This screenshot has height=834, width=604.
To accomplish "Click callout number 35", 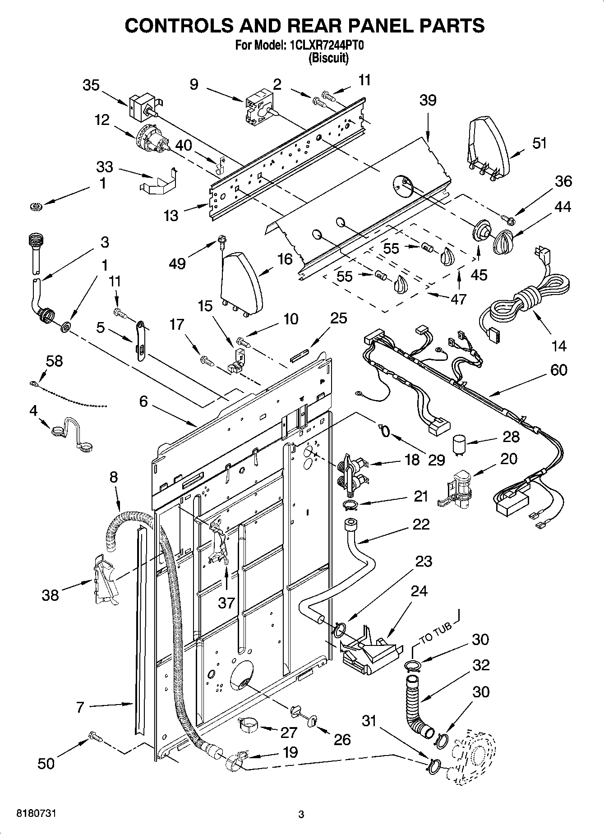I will click(91, 85).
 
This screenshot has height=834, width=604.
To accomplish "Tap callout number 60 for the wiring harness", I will click(558, 370).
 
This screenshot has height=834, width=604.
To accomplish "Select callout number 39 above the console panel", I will click(428, 100).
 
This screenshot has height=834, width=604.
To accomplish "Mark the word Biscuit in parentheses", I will click(328, 58).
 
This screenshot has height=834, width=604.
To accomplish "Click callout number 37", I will click(226, 602).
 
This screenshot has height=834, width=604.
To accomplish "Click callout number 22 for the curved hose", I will click(420, 524).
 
